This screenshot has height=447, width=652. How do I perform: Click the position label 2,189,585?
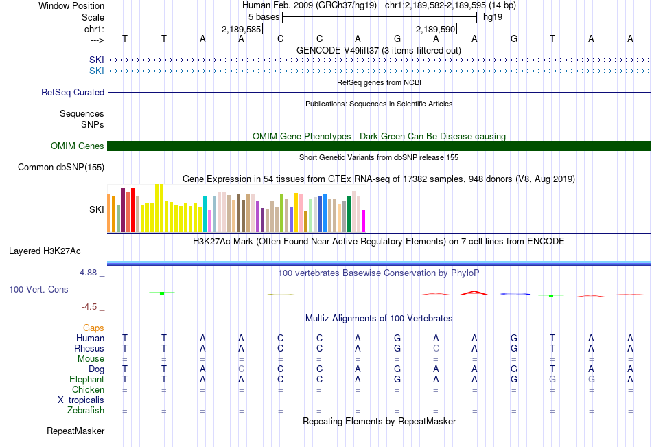(242, 29)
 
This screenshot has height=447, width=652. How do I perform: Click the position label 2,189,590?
(436, 29)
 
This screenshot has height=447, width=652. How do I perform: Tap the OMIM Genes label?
(78, 146)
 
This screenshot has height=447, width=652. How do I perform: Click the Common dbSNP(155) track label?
(61, 167)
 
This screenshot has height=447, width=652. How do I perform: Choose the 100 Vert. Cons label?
(38, 289)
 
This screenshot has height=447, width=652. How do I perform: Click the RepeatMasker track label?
(75, 431)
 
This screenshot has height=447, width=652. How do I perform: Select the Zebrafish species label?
(86, 411)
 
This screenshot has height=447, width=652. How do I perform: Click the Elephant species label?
(86, 379)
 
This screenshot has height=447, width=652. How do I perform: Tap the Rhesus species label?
(89, 348)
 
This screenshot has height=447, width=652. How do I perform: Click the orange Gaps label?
(93, 328)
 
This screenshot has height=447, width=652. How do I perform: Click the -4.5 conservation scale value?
(93, 307)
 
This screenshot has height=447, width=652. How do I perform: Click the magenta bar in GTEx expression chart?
(364, 221)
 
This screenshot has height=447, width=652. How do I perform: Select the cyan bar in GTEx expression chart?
(205, 214)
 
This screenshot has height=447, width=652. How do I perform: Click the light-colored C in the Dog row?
(241, 369)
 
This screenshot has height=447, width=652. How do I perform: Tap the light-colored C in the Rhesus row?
(436, 348)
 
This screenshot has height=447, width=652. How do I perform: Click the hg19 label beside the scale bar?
(493, 16)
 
